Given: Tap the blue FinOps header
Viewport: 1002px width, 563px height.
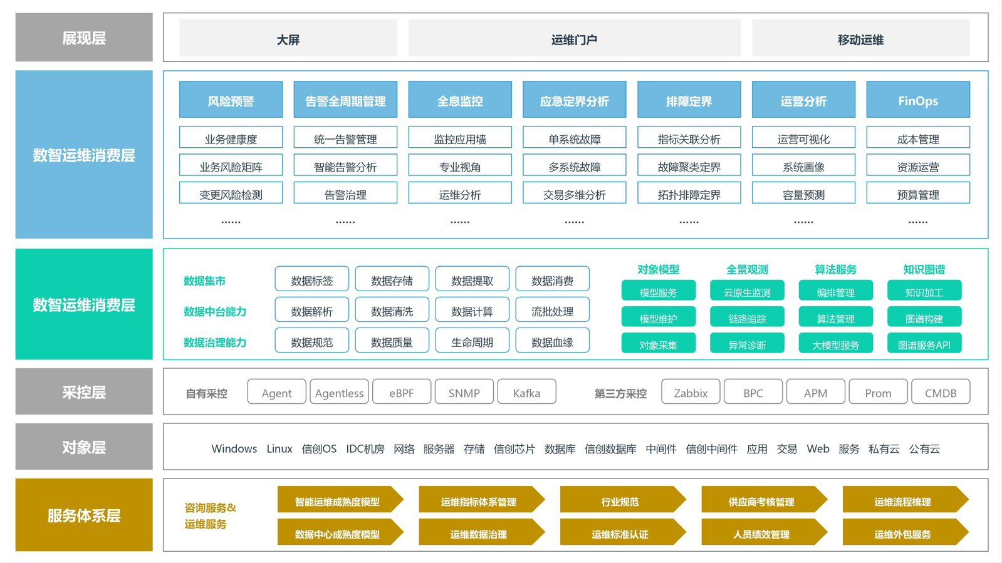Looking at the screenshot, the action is (x=918, y=100).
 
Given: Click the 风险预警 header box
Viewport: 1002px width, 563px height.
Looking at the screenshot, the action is (x=231, y=100).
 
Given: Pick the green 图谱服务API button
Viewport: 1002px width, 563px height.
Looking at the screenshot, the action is (x=924, y=343).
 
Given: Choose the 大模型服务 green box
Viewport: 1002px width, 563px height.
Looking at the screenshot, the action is (x=835, y=343).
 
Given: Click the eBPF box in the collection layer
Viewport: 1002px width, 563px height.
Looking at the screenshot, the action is (x=402, y=392).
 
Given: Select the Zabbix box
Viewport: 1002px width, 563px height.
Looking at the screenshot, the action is (x=691, y=392).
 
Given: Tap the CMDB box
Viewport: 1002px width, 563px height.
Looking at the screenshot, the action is (x=941, y=392).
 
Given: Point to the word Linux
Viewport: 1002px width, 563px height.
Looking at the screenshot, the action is (x=279, y=448).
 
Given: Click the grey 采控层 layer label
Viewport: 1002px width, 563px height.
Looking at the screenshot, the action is (x=84, y=391).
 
